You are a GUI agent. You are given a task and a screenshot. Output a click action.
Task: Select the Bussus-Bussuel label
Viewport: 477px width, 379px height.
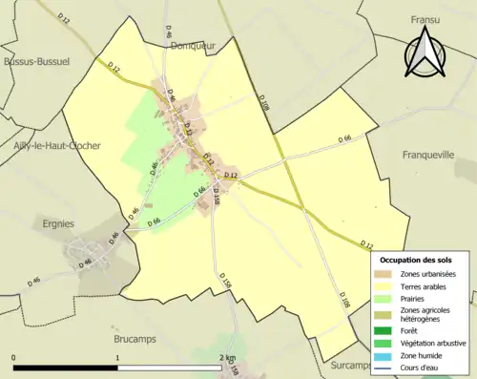(36, 60)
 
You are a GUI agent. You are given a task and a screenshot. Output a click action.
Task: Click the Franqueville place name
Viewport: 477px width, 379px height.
(429, 155)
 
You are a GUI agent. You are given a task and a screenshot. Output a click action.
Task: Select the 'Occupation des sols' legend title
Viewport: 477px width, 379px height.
(416, 260)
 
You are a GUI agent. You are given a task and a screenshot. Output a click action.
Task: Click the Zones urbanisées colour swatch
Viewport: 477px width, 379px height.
(384, 274)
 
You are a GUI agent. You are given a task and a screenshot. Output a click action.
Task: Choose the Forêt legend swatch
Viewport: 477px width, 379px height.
(384, 330)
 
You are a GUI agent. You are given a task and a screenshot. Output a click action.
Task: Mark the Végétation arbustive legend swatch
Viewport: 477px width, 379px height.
(384, 343)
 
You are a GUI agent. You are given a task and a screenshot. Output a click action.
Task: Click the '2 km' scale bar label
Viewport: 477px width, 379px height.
(226, 358)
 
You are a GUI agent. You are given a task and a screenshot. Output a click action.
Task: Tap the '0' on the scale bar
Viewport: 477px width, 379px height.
(14, 358)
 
